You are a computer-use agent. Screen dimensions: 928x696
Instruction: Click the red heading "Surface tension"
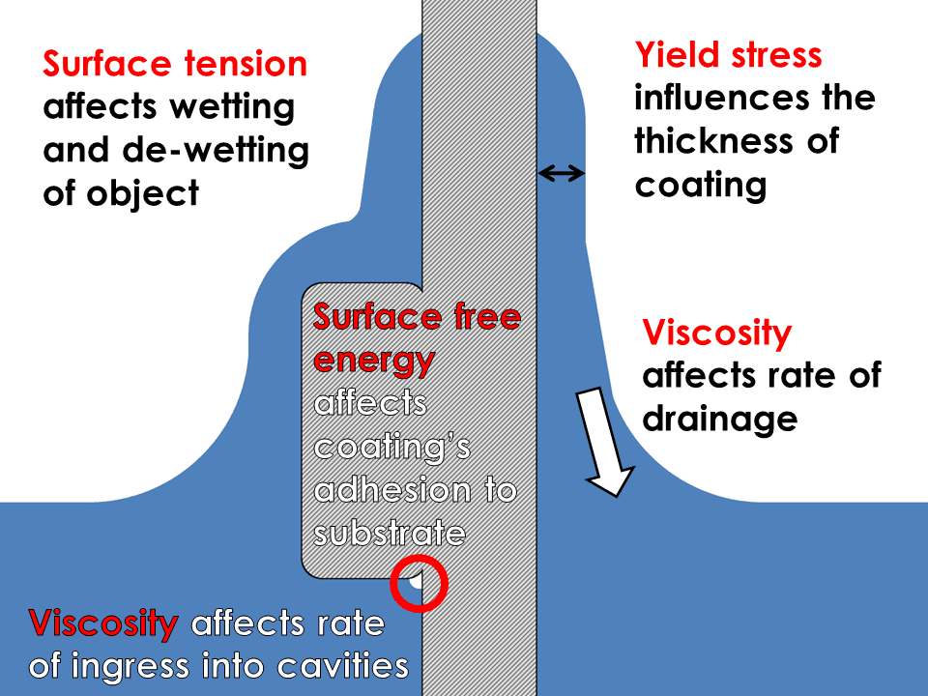pyautogui.click(x=175, y=64)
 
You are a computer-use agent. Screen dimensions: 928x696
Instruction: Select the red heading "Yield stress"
pyautogui.click(x=729, y=55)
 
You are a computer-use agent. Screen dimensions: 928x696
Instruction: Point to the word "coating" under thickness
pyautogui.click(x=701, y=186)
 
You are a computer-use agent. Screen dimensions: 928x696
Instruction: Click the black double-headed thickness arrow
pyautogui.click(x=561, y=173)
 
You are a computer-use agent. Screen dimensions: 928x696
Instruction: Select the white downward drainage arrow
pyautogui.click(x=604, y=442)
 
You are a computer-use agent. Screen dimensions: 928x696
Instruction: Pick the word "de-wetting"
pyautogui.click(x=216, y=151)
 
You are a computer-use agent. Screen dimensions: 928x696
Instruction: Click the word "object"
pyautogui.click(x=143, y=194)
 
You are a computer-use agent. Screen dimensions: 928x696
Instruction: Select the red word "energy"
pyautogui.click(x=374, y=361)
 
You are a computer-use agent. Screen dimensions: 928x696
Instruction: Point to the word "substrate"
pyautogui.click(x=390, y=534)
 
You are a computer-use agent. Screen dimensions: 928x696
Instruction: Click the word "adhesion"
pyautogui.click(x=393, y=490)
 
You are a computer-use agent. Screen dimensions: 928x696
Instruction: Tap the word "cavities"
pyautogui.click(x=343, y=666)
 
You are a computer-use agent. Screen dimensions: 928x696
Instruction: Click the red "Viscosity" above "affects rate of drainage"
pyautogui.click(x=717, y=333)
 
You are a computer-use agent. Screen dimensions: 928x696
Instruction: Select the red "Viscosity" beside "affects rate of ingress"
pyautogui.click(x=103, y=623)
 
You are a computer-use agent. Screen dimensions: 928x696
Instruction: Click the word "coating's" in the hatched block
pyautogui.click(x=392, y=448)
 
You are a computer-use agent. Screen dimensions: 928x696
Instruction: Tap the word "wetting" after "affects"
pyautogui.click(x=233, y=107)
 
